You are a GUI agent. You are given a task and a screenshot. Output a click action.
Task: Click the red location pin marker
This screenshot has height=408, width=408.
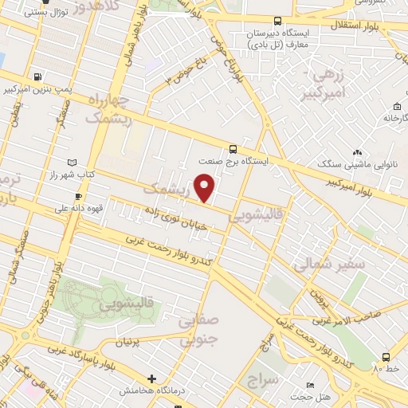(x=206, y=187)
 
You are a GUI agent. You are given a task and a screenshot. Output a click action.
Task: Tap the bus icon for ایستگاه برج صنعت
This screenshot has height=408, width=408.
(x=233, y=148)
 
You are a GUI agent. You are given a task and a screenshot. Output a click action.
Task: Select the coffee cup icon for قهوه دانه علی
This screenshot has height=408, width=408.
(x=78, y=196)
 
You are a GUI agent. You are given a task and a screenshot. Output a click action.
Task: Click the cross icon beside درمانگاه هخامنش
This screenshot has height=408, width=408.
(x=151, y=378)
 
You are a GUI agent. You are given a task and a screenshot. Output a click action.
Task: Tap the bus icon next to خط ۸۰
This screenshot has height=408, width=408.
(x=386, y=357)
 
